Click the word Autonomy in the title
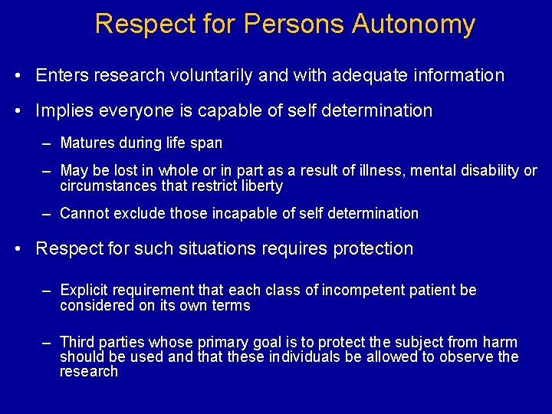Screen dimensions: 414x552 414,25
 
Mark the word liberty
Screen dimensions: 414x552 261,186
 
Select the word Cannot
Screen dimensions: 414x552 84,213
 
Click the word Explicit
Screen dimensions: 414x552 84,290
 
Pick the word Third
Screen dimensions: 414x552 76,342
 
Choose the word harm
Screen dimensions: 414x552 501,342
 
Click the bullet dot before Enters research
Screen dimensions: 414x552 18,76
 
